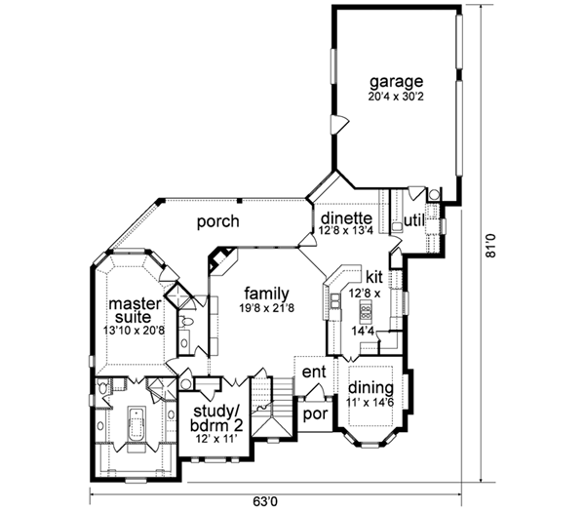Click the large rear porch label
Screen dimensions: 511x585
coord(217,221)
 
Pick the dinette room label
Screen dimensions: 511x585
coord(341,217)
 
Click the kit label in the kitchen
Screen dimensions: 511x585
coord(374,276)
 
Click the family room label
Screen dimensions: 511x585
coord(265,292)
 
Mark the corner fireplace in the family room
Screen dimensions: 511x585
coord(221,259)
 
